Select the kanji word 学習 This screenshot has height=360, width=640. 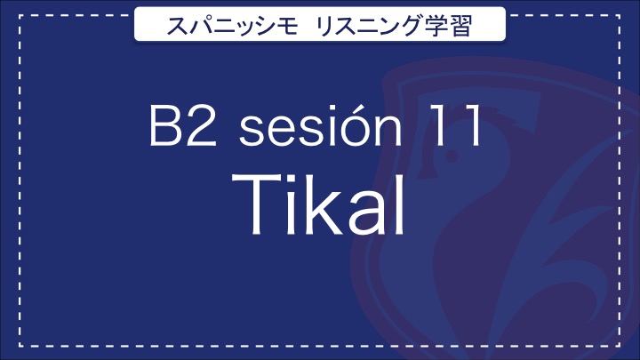[448, 25]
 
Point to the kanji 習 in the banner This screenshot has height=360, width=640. [460, 25]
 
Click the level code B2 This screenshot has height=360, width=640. [183, 125]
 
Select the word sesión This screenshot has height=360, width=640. [321, 124]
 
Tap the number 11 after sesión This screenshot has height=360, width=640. [455, 125]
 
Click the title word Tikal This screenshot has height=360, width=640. [319, 204]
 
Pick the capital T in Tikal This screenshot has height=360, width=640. [254, 205]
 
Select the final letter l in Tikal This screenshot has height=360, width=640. [401, 204]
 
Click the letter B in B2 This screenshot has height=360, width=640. [165, 125]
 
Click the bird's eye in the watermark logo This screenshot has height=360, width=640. [452, 156]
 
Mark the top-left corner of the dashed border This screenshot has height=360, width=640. [20, 16]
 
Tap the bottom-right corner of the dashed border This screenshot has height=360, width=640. [620, 346]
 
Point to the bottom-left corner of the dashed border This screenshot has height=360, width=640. [20, 346]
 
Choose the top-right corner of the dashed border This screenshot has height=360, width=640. [620, 16]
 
